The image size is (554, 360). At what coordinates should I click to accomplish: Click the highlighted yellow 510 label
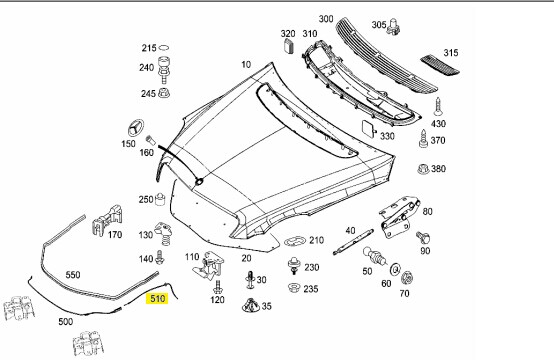click(157, 299)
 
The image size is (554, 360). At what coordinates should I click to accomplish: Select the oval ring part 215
click(164, 48)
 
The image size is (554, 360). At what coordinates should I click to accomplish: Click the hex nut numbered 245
click(164, 93)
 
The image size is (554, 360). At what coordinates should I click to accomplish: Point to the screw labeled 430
click(438, 107)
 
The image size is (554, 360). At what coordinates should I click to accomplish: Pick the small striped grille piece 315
click(440, 65)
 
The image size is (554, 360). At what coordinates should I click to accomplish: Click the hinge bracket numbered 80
click(399, 217)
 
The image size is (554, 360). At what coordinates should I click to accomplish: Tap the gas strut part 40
click(353, 242)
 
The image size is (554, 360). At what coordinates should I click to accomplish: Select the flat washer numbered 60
click(395, 270)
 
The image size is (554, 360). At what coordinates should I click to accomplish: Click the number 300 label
click(326, 18)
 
